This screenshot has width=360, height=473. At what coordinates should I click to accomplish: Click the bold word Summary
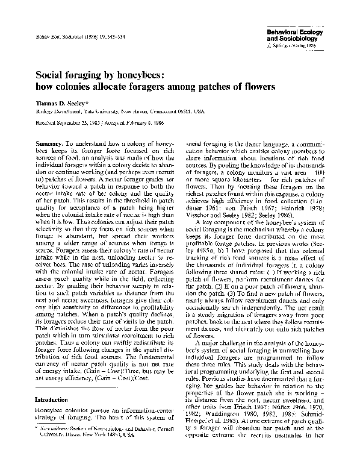(49, 145)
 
